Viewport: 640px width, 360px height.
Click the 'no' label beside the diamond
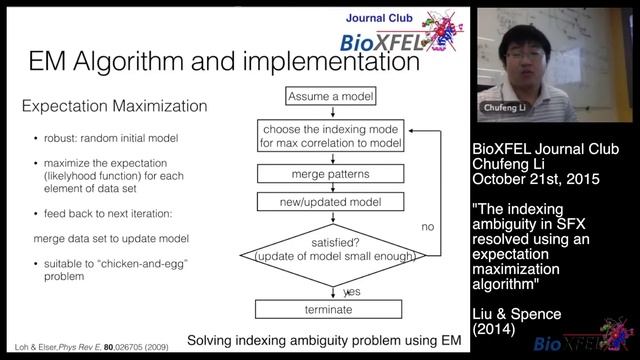pos(428,227)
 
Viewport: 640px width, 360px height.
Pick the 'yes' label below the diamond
pos(352,292)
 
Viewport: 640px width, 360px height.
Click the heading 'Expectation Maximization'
pos(114,105)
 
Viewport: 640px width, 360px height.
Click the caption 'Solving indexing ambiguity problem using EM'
pos(324,340)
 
